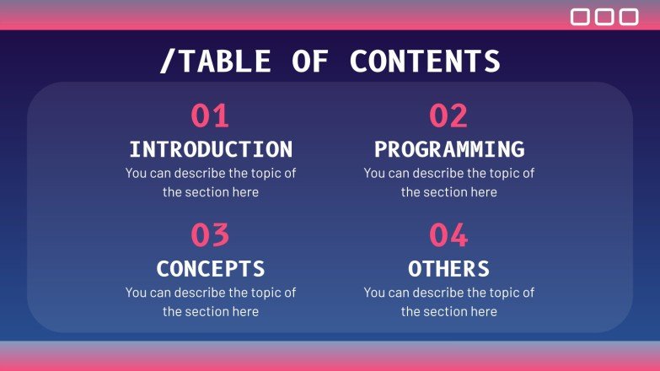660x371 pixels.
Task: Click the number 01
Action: [x=210, y=116]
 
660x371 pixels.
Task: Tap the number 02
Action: [x=448, y=116]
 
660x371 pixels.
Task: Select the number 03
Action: [x=210, y=235]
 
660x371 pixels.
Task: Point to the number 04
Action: [x=448, y=235]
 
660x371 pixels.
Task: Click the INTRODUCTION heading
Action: [x=211, y=149]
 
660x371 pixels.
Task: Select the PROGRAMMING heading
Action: [x=449, y=149]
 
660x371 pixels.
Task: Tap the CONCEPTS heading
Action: [x=211, y=269]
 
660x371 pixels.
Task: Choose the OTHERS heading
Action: [x=449, y=269]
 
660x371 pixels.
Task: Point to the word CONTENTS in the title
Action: [x=425, y=62]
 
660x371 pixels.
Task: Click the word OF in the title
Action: [x=311, y=62]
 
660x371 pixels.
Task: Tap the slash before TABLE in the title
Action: [x=165, y=62]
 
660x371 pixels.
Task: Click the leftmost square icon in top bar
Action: [x=581, y=17]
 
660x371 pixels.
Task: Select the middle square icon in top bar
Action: [x=605, y=17]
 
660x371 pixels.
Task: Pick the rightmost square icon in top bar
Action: [x=629, y=17]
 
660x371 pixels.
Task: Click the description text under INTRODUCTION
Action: [x=211, y=182]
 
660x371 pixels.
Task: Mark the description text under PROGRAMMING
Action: [x=449, y=182]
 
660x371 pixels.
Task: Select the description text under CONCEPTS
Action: [x=211, y=302]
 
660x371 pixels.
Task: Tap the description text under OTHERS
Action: [x=449, y=302]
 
